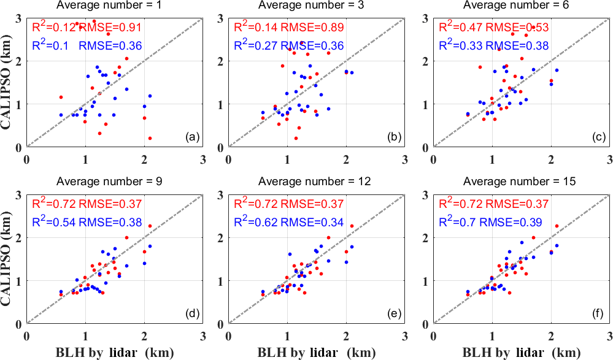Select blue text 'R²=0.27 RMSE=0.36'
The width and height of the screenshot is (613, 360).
(288, 45)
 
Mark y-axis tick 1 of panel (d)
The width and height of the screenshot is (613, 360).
(20, 281)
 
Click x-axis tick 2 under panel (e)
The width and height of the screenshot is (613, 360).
(346, 334)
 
